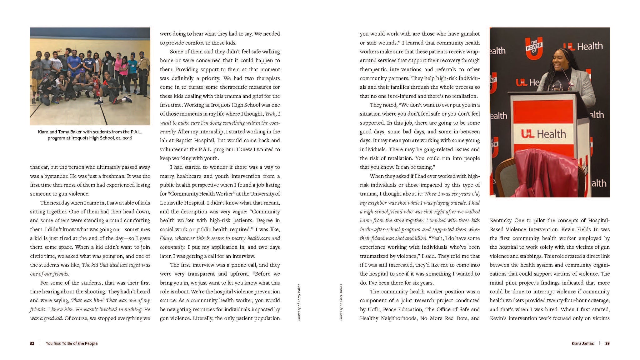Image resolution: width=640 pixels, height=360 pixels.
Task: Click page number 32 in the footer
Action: point(32,343)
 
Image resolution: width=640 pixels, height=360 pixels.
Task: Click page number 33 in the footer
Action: point(607,343)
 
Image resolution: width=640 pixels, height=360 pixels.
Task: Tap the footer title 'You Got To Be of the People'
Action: point(72,343)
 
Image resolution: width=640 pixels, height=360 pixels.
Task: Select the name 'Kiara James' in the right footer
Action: point(582,343)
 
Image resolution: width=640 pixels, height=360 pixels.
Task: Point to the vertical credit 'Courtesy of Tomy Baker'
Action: point(299,302)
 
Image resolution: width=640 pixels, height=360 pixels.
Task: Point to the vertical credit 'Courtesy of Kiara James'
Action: point(341,302)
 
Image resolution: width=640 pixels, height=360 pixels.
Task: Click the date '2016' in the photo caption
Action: point(127,138)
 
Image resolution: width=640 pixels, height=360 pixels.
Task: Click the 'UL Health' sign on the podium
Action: point(543,134)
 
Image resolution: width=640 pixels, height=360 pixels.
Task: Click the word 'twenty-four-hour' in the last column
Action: point(566,300)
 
